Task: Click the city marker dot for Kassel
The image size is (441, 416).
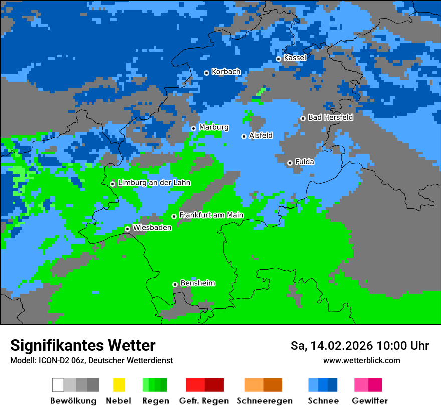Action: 278,59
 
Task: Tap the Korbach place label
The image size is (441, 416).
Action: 226,72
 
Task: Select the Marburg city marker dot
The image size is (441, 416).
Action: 193,128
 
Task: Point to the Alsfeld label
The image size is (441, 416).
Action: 261,135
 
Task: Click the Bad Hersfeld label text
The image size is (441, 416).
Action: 330,117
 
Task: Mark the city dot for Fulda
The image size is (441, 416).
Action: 290,163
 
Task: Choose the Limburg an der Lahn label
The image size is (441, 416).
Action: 154,183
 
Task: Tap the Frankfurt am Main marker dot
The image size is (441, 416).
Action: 174,216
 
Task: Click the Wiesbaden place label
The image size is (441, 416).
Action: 152,227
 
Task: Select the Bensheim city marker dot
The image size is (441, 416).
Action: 175,284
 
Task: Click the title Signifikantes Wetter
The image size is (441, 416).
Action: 83,345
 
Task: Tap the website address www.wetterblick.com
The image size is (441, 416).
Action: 361,360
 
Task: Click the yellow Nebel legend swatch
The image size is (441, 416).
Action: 119,385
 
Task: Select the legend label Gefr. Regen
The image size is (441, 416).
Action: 204,401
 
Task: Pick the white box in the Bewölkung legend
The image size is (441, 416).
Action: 58,385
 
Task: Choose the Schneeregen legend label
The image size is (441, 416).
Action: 265,401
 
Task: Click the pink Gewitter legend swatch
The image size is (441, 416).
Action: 361,385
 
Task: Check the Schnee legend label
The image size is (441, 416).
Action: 323,401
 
